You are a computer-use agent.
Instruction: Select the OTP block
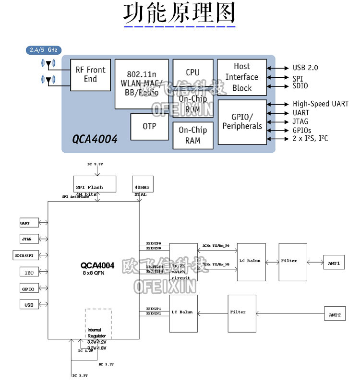point(149,127)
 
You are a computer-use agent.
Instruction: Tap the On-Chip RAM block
point(192,135)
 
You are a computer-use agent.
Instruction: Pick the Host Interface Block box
point(242,77)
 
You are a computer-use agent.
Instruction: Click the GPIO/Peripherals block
point(242,121)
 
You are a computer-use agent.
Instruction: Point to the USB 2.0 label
point(305,68)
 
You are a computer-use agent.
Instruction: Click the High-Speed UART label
point(320,104)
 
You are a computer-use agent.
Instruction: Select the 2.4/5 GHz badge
point(43,50)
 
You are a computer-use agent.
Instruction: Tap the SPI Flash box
point(96,184)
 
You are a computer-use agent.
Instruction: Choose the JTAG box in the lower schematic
point(26,239)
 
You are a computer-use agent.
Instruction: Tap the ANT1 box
point(334,263)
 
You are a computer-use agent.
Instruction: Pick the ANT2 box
point(335,315)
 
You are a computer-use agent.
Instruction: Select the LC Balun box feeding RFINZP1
point(183,312)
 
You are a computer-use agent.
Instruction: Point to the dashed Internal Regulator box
point(98,326)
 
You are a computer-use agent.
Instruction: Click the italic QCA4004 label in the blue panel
point(95,139)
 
